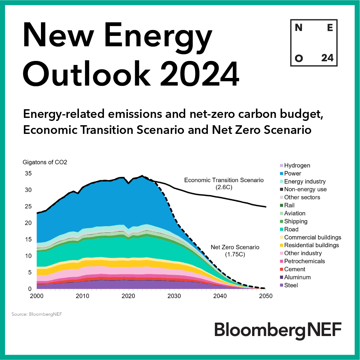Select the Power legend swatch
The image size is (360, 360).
[281, 174]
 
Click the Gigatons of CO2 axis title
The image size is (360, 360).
[45, 163]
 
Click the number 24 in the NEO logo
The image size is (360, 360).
[327, 58]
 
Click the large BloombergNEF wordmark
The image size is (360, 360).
[278, 330]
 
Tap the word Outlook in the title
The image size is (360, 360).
[90, 71]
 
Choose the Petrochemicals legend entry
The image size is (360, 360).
[304, 261]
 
